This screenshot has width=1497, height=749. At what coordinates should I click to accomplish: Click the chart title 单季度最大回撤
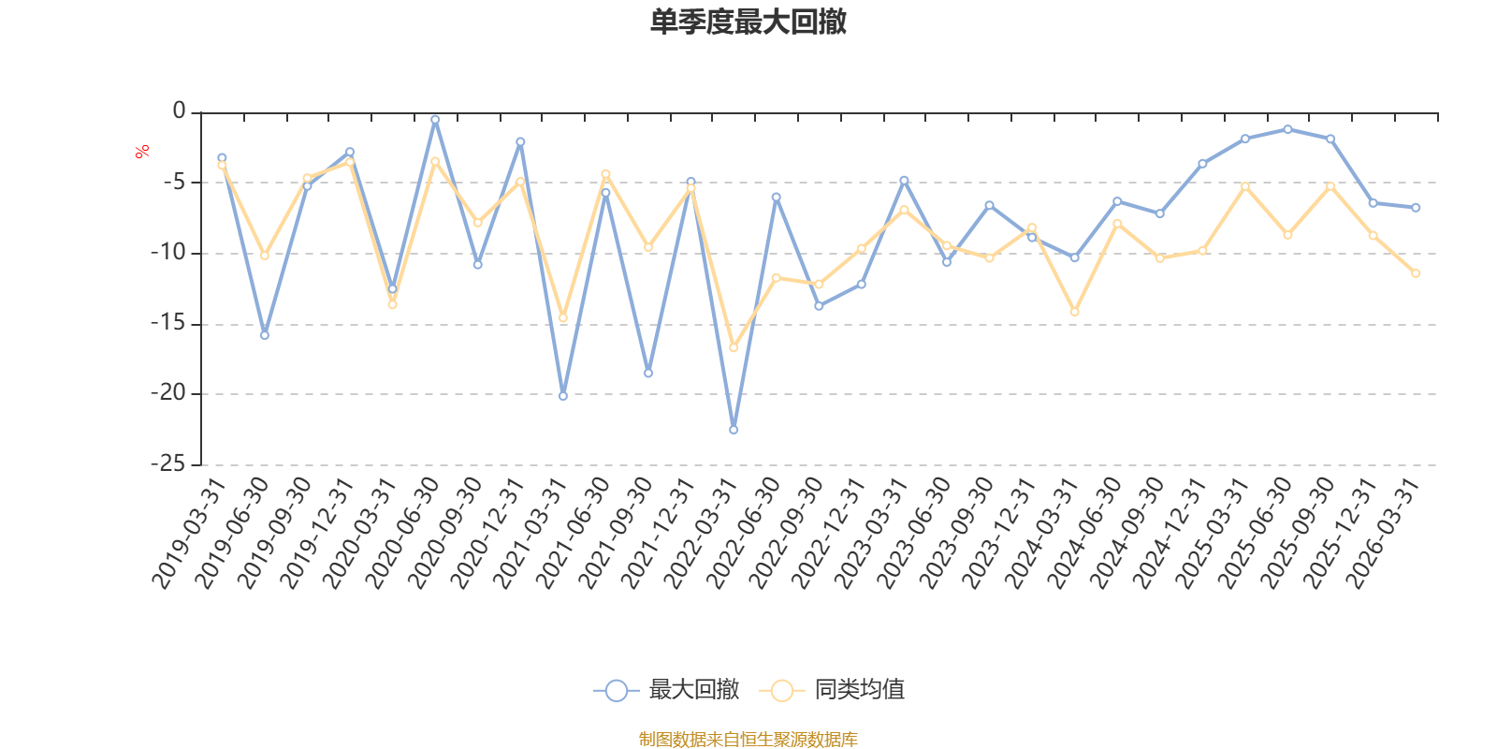(748, 22)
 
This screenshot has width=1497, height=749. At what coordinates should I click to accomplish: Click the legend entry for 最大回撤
(666, 689)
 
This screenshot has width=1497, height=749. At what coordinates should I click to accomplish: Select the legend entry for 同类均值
(832, 689)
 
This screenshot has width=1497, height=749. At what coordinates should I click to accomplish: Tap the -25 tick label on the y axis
(167, 463)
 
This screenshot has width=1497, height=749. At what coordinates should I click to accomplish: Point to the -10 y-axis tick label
(167, 252)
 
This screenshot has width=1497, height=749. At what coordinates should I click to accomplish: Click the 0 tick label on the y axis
(179, 110)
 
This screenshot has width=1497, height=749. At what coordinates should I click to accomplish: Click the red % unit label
(141, 152)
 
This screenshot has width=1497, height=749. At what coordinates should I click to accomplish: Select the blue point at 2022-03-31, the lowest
(734, 430)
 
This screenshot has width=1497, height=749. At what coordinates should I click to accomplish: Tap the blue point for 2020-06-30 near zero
(435, 121)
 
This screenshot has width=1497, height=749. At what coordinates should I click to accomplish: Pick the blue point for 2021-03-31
(562, 397)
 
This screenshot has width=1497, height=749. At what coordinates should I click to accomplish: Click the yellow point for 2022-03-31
(734, 347)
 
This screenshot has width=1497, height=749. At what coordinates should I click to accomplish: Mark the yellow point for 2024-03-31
(1075, 312)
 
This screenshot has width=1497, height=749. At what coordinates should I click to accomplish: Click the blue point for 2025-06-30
(1287, 129)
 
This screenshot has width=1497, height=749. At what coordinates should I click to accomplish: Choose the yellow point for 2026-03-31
(1416, 273)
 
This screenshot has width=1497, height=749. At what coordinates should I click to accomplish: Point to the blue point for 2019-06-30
(265, 335)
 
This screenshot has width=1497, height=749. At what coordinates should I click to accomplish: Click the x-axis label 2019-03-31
(188, 533)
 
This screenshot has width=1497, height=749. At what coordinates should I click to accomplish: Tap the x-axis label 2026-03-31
(1382, 533)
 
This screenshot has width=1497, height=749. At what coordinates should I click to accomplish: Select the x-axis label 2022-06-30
(743, 533)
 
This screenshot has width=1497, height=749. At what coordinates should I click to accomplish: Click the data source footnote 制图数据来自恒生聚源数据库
(748, 739)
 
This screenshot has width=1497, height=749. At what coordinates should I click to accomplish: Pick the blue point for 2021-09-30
(648, 374)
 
